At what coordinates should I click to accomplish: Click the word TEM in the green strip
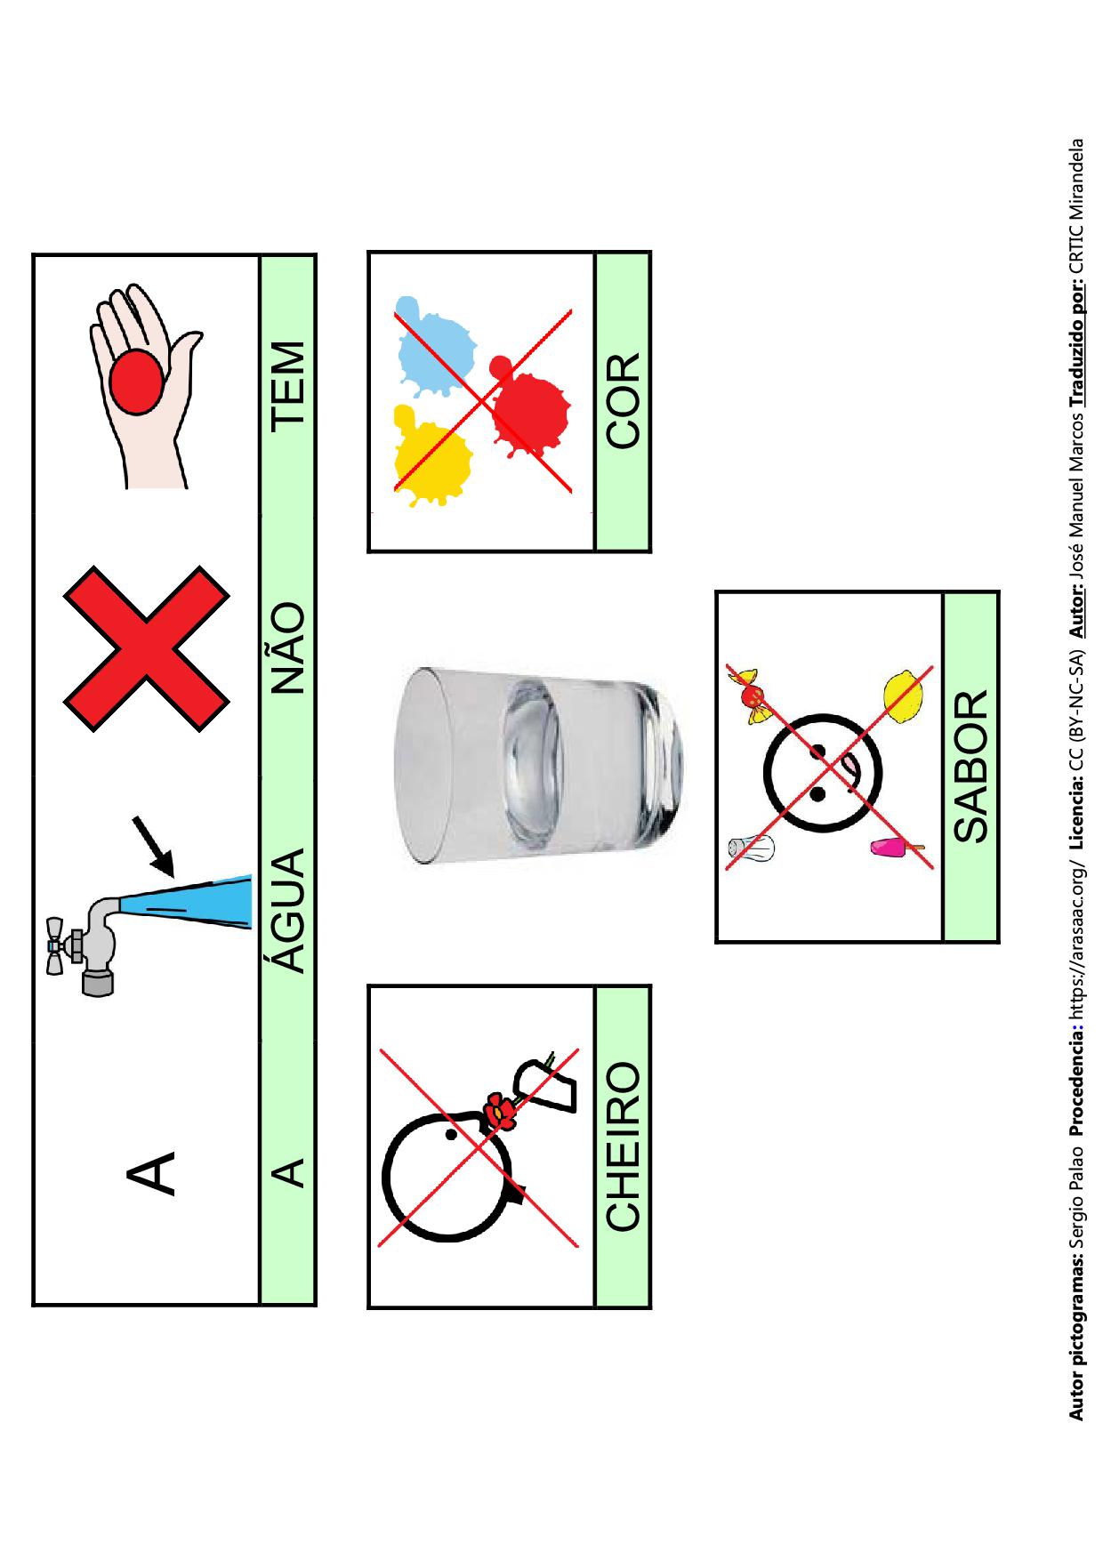coord(289,384)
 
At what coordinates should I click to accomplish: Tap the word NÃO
coord(289,647)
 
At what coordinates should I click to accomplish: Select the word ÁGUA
coord(289,910)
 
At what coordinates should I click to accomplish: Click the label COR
coord(623,400)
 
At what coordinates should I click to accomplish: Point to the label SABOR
coord(970,767)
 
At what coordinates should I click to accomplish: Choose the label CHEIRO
coord(623,1146)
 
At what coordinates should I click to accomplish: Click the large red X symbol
coord(147,648)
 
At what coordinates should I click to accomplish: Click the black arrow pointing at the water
coord(153,846)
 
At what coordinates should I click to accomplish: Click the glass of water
coord(538,766)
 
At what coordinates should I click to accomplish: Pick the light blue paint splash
coord(433,347)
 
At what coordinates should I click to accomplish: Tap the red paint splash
coord(527,407)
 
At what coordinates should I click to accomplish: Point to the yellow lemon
coord(906,695)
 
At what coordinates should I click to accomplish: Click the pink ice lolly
coord(897,848)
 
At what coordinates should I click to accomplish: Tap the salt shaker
coord(753,848)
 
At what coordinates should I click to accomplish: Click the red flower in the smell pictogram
coord(499,1109)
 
